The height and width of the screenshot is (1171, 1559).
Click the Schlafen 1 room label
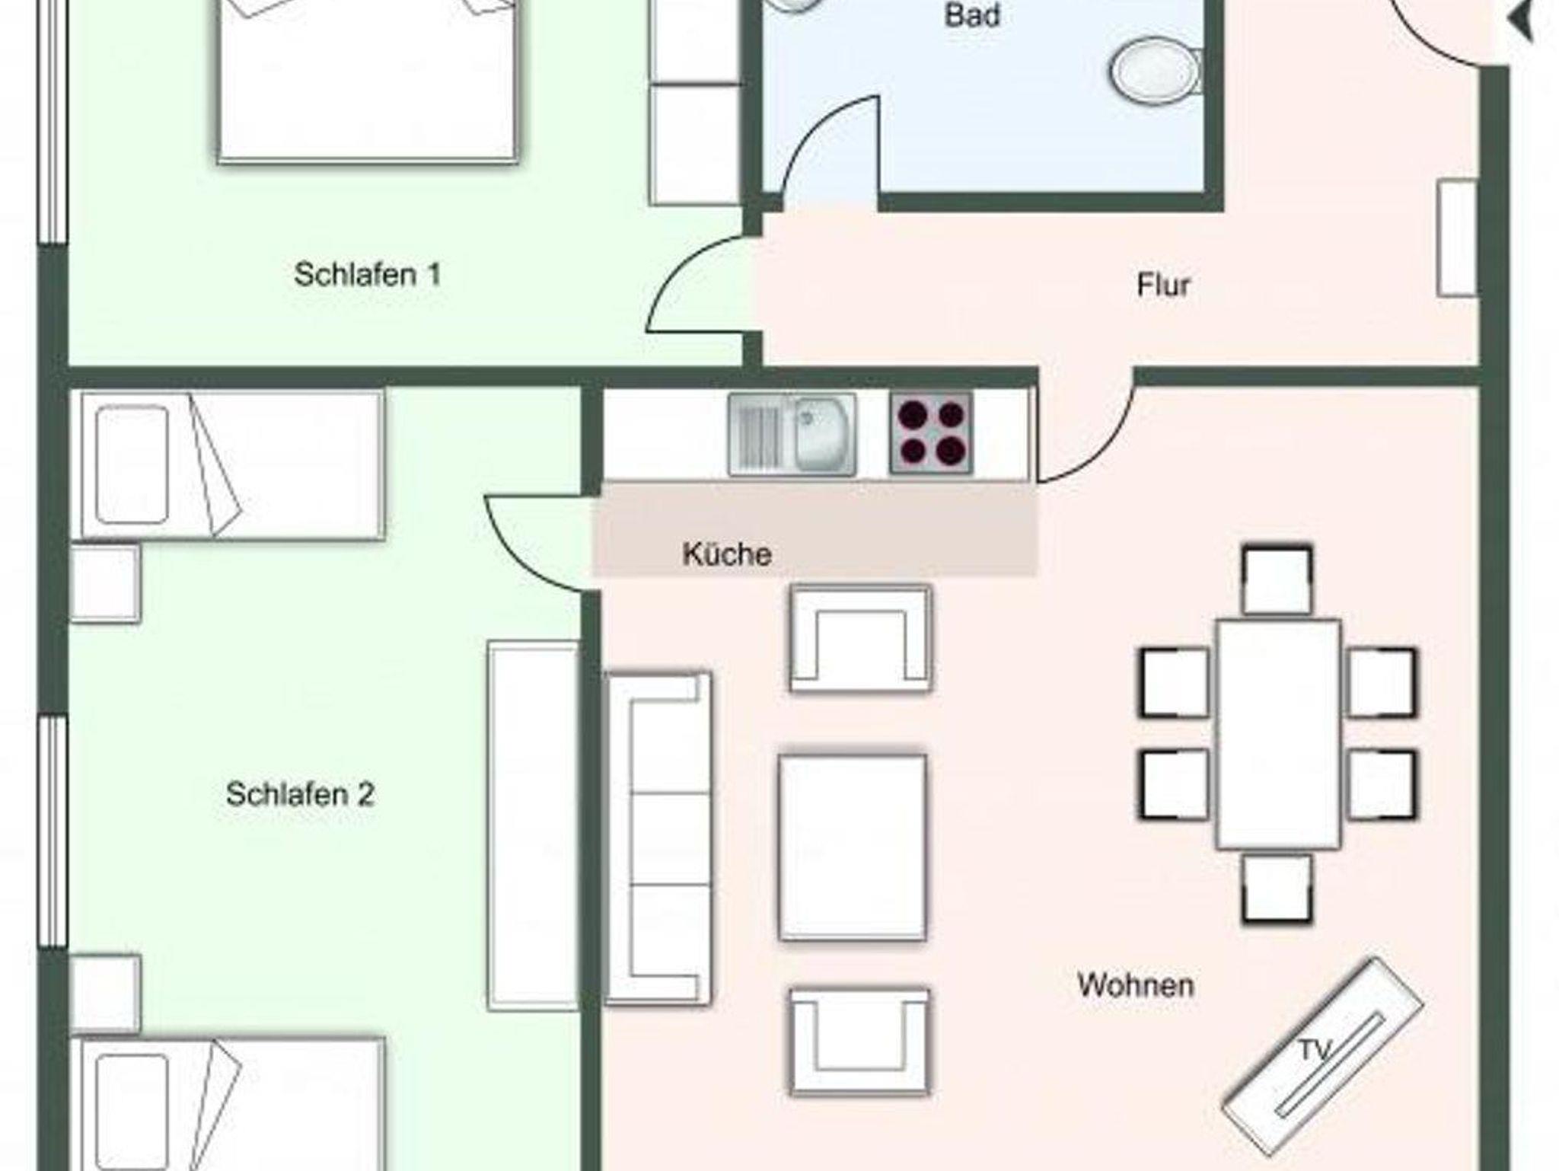point(368,275)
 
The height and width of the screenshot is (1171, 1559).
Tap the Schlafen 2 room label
point(300,795)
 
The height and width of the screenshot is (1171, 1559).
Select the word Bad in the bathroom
point(972,15)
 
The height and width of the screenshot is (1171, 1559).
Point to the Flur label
point(1163,286)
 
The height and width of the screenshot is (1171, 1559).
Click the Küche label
point(727,554)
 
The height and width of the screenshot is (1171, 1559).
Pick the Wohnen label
point(1136,985)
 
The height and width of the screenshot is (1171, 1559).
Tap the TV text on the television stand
point(1314,1051)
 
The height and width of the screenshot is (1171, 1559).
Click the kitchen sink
point(792,435)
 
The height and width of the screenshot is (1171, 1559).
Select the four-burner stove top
point(931,433)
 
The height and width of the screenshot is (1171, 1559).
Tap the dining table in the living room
point(1278,734)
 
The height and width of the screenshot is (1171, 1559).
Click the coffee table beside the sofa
point(853,847)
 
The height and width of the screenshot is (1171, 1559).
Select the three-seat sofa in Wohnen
point(658,838)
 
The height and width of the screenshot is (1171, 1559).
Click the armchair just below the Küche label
point(860,638)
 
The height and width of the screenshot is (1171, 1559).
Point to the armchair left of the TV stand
point(860,1042)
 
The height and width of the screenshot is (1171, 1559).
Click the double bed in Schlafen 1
point(368,80)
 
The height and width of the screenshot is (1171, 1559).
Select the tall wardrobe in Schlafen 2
point(534,826)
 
